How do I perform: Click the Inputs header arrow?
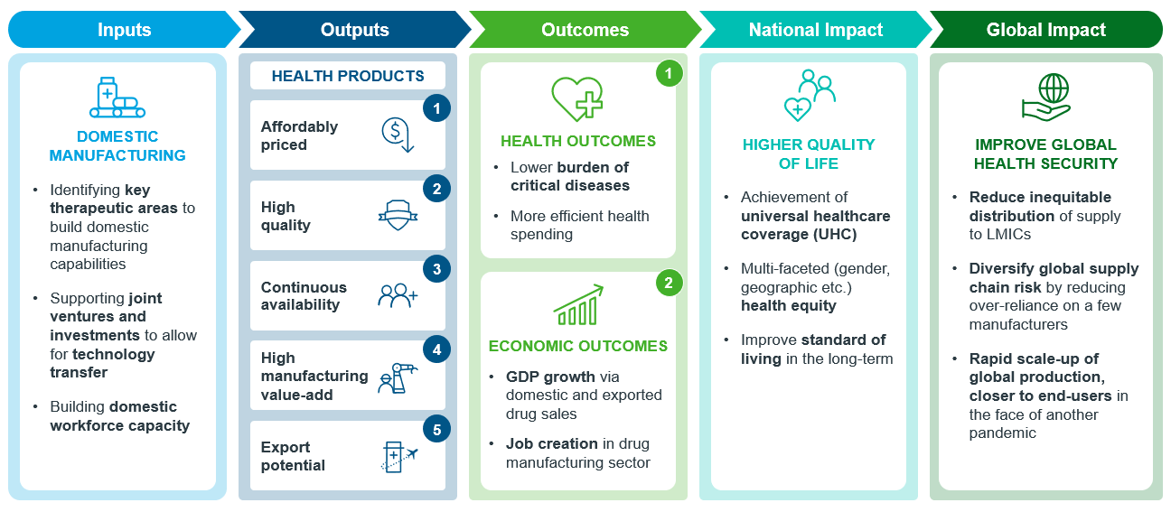pos(125,30)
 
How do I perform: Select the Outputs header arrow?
pos(355,30)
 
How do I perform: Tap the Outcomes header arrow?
pos(585,30)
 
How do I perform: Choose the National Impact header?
pos(816,30)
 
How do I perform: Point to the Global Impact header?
pos(1046,30)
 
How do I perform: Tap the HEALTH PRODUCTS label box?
pos(348,76)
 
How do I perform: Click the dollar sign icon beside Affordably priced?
pos(398,135)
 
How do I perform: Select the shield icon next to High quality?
pos(398,215)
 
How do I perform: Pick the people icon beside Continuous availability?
pos(398,295)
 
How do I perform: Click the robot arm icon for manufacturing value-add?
pos(398,377)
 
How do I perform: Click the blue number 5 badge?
pos(437,430)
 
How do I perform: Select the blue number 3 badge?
pos(437,269)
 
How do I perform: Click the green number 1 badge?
pos(669,74)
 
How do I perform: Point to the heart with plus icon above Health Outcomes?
pos(577,99)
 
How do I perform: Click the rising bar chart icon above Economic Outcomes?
pos(578,304)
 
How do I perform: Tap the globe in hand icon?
pos(1046,98)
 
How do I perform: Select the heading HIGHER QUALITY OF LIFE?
pos(809,154)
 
